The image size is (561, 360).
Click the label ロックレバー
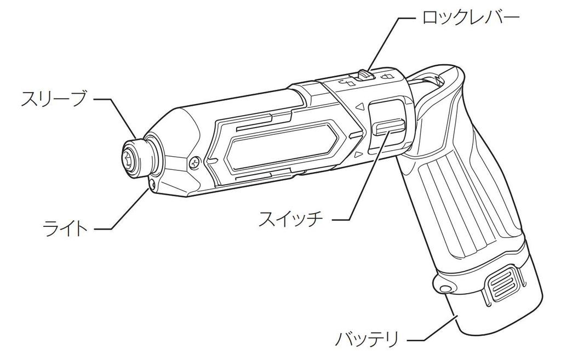tap(470, 19)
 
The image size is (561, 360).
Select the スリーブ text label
tap(54, 99)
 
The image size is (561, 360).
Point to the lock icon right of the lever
tap(388, 76)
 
